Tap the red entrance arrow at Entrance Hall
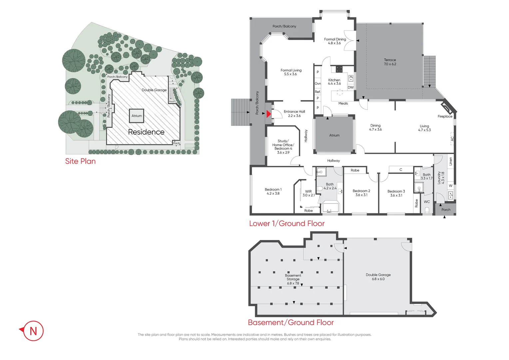pyautogui.click(x=268, y=114)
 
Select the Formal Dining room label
pyautogui.click(x=335, y=41)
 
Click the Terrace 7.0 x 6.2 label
pyautogui.click(x=390, y=62)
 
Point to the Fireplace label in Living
pyautogui.click(x=445, y=116)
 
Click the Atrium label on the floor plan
pyautogui.click(x=334, y=135)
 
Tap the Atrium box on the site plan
pyautogui.click(x=137, y=116)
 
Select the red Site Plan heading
pyautogui.click(x=80, y=161)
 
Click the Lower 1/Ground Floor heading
pyautogui.click(x=286, y=223)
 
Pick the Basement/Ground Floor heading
pyautogui.click(x=290, y=322)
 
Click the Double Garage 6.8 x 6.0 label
pyautogui.click(x=378, y=277)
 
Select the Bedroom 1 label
pyautogui.click(x=273, y=191)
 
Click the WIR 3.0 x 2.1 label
pyautogui.click(x=308, y=193)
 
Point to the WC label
pyautogui.click(x=427, y=202)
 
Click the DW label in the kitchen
pyautogui.click(x=350, y=87)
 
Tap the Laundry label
pyautogui.click(x=441, y=178)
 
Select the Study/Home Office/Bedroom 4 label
pyautogui.click(x=283, y=147)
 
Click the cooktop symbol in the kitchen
pyautogui.click(x=339, y=69)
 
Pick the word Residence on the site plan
pyautogui.click(x=146, y=132)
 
